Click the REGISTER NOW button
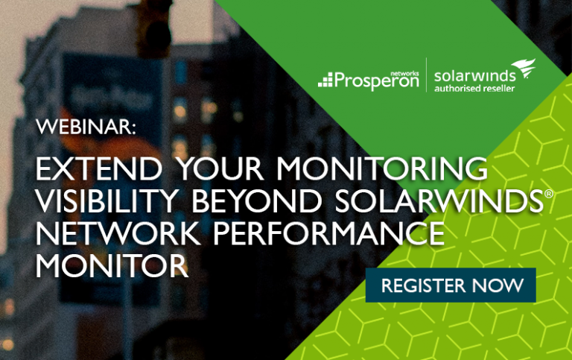[x=451, y=285]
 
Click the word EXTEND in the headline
[x=99, y=168]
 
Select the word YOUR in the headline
[x=220, y=168]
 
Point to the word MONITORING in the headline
[x=382, y=168]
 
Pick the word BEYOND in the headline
[x=257, y=200]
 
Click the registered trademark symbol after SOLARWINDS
[x=549, y=194]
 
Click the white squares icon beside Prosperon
[x=325, y=80]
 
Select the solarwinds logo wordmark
[x=475, y=76]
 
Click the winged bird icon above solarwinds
[x=524, y=69]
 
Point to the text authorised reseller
[x=474, y=89]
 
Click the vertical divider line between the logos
[x=427, y=75]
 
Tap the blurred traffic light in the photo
[x=153, y=28]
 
